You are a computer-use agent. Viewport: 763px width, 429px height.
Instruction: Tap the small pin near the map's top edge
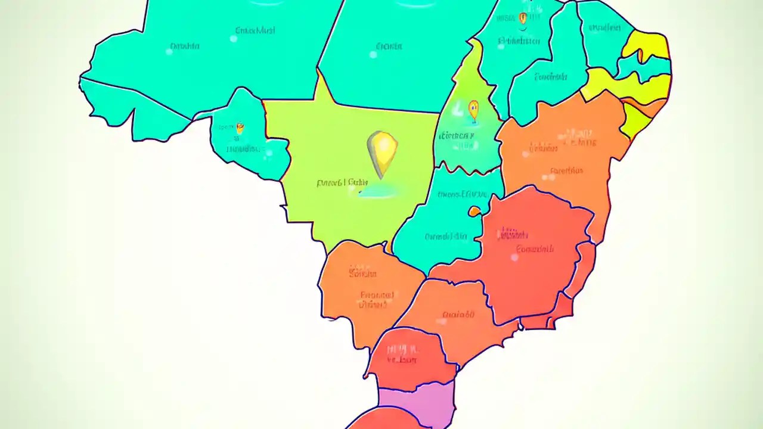point(523,18)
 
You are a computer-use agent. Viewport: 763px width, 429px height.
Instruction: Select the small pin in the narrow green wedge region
point(473,109)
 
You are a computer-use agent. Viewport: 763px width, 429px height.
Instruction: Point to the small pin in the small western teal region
point(240,128)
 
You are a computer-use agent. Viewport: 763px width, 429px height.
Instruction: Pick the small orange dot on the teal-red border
point(474,211)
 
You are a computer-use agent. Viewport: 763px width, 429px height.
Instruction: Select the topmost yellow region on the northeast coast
point(647,45)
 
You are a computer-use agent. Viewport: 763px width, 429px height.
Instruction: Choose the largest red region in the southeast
point(531,250)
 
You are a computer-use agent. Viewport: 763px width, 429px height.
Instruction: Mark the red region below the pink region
point(381,419)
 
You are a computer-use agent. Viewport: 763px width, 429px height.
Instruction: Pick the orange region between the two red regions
point(459,316)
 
